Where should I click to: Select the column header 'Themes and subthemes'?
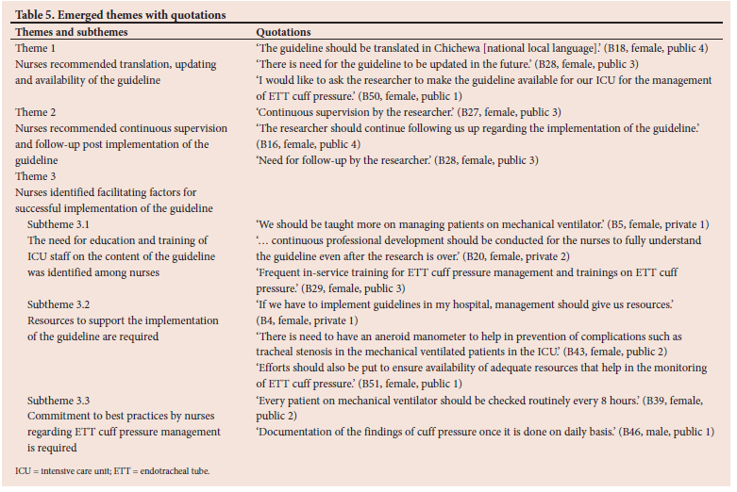click(72, 31)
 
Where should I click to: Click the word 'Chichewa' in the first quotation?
click(487, 47)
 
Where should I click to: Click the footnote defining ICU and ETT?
click(112, 469)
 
